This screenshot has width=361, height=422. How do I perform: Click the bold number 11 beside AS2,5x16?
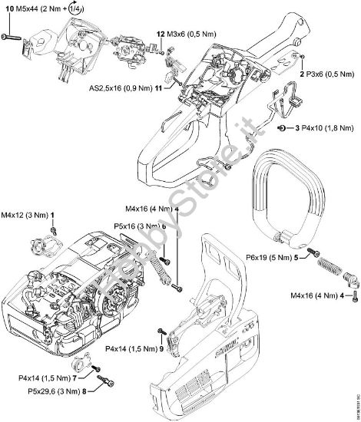[x=157, y=88]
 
